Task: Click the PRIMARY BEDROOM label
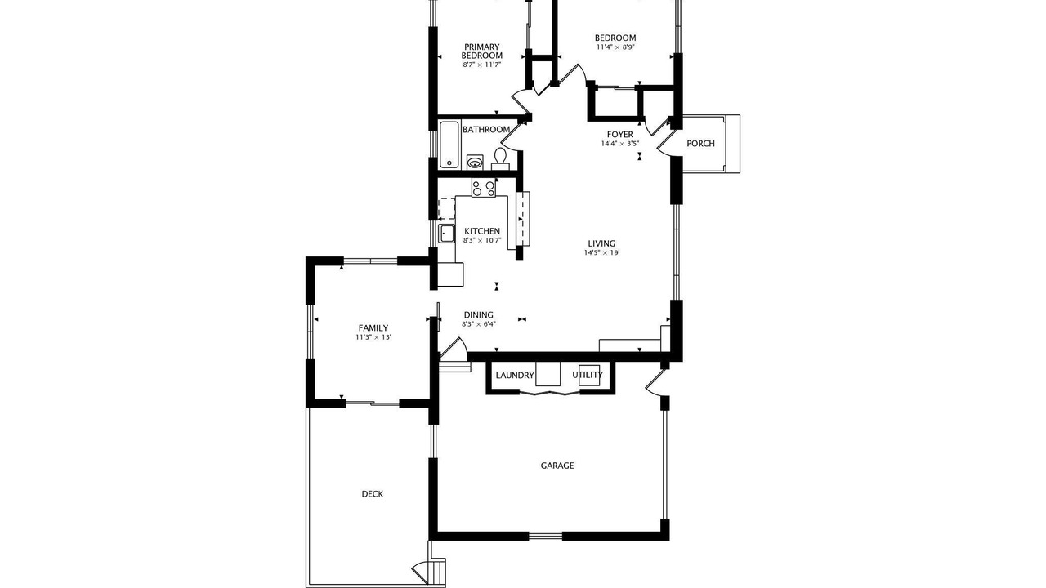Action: (482, 51)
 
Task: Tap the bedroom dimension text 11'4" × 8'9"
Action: (615, 47)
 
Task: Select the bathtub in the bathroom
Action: (449, 145)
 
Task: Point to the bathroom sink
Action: (476, 163)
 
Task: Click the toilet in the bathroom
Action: (500, 158)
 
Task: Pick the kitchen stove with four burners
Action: (483, 188)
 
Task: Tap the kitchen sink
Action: (447, 234)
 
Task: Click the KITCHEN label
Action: (482, 231)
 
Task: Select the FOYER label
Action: (620, 135)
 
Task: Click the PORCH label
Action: (700, 143)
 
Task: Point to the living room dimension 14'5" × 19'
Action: (602, 253)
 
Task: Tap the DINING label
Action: (479, 315)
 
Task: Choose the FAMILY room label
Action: (373, 328)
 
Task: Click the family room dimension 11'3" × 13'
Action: (373, 337)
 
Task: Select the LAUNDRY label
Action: (515, 375)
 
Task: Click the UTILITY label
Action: (588, 375)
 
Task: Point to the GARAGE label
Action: (557, 465)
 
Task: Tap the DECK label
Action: (373, 494)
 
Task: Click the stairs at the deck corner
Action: (436, 571)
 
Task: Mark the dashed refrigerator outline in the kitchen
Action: (447, 208)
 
